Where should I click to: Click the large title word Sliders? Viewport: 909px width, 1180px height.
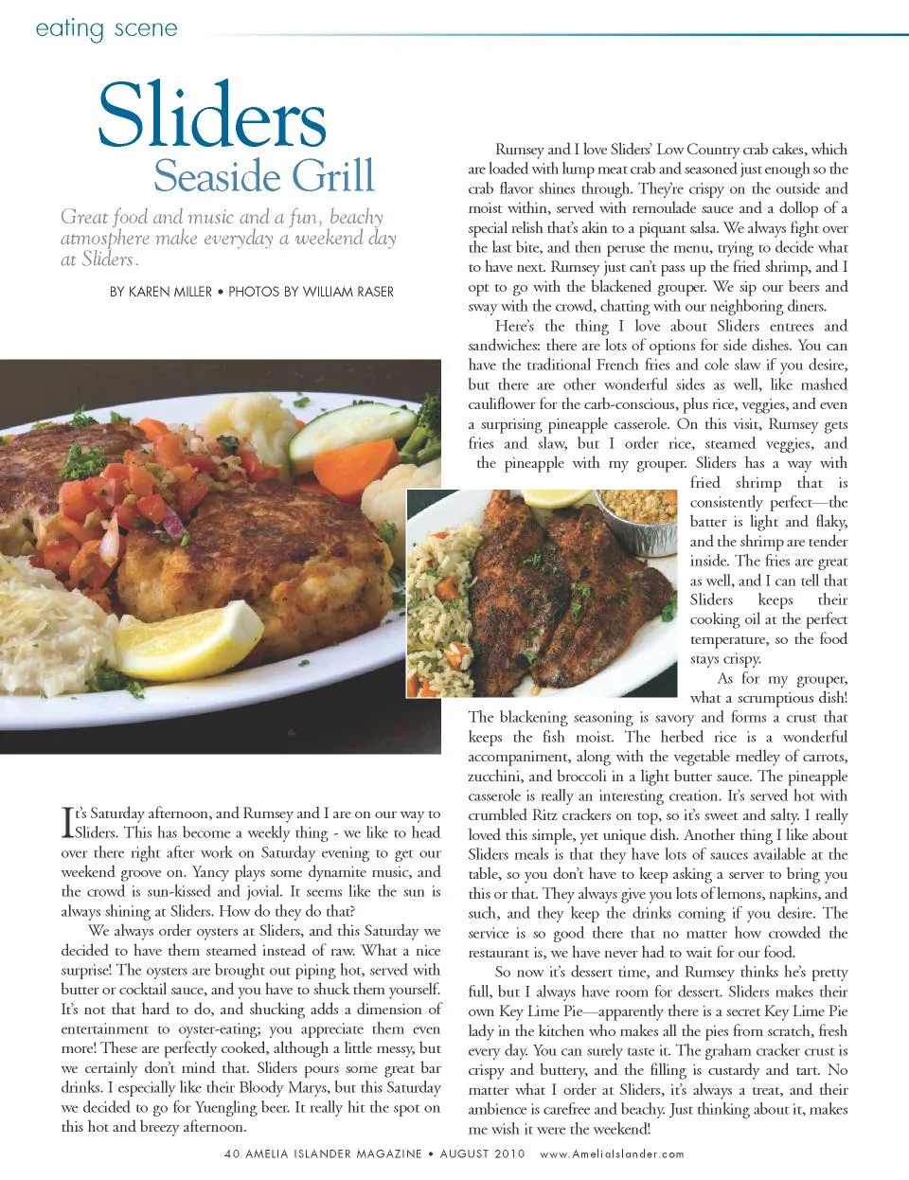pos(212,117)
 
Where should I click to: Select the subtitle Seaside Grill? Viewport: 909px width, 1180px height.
pos(264,176)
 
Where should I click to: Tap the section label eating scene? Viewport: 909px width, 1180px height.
pos(106,28)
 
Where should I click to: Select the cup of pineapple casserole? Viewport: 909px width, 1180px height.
pos(640,518)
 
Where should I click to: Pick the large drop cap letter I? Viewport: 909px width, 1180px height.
pos(67,822)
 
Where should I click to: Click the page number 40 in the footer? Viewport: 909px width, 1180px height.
pos(234,1154)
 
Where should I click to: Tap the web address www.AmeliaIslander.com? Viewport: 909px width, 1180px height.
pos(612,1154)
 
